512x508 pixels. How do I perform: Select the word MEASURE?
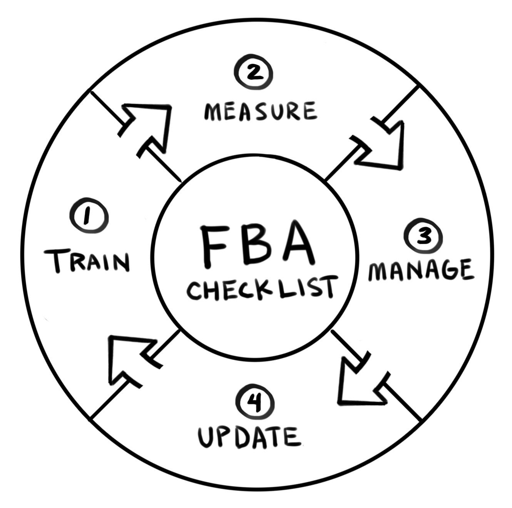click(260, 111)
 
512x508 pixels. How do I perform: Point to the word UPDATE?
click(249, 437)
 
